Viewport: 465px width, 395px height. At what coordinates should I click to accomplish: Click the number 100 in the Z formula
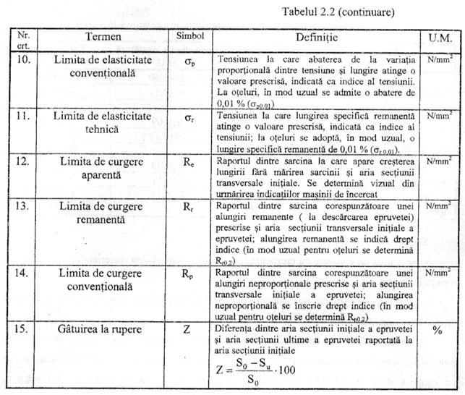(x=294, y=369)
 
